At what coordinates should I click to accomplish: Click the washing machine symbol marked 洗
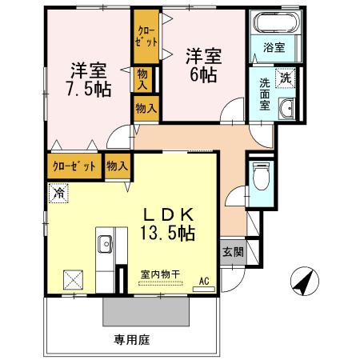point(286,79)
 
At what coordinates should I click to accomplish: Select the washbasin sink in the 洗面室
point(286,110)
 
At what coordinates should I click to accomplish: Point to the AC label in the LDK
point(204,281)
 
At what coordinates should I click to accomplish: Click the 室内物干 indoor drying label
point(161,274)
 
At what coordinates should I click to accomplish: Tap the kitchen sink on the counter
point(105,242)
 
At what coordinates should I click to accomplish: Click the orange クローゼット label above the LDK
point(74,166)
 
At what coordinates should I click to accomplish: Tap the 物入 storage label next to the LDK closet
point(118,166)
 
